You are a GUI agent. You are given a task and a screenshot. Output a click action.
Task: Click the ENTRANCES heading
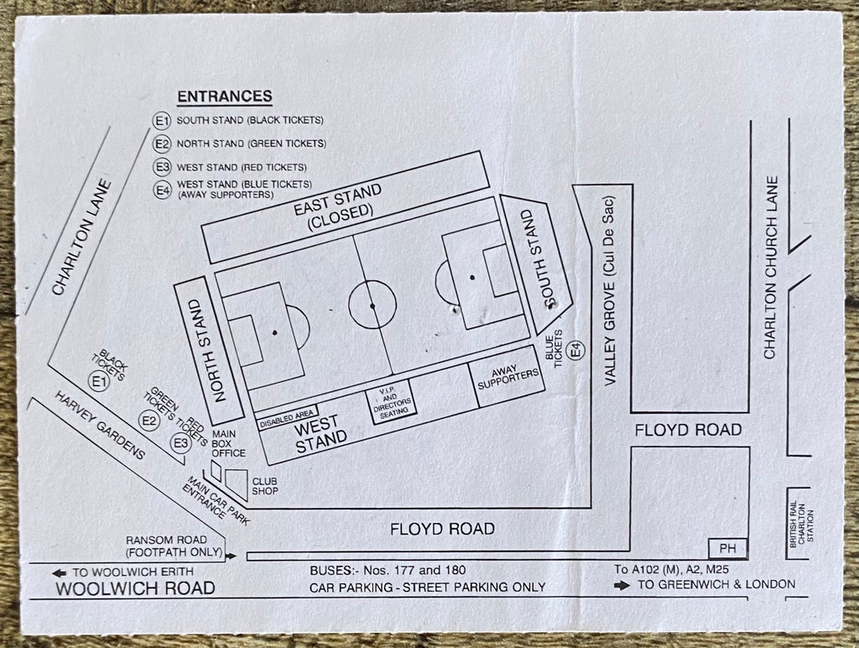click(225, 97)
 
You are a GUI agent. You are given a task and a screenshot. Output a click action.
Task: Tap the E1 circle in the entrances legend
click(162, 121)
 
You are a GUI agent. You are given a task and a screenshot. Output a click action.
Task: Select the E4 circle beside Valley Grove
click(575, 350)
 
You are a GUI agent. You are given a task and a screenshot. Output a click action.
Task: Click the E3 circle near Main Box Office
click(181, 443)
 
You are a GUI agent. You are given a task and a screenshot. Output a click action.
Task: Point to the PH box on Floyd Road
click(727, 548)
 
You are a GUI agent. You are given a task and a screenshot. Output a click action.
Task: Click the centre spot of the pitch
click(372, 306)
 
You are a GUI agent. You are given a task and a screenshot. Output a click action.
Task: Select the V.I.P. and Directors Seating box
click(392, 400)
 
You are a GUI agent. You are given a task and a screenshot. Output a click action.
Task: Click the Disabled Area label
click(287, 420)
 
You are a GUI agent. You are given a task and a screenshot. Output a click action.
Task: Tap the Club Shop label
click(264, 486)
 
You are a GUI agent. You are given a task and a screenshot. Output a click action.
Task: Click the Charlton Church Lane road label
click(771, 268)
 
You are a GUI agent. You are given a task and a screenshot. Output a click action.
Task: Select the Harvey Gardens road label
click(101, 426)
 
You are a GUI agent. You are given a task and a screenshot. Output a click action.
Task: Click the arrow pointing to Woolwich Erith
click(59, 573)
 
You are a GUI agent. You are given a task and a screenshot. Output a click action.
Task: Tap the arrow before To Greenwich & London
click(622, 586)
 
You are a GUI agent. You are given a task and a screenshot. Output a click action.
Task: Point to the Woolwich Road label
click(135, 588)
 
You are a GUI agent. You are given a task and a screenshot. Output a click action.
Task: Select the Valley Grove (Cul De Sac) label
click(611, 291)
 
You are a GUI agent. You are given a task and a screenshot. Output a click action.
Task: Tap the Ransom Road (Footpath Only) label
click(174, 546)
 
